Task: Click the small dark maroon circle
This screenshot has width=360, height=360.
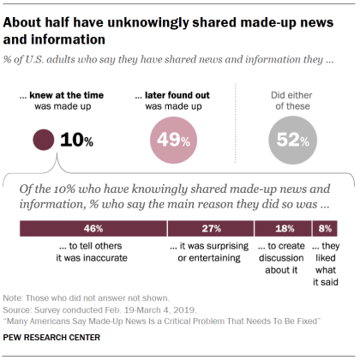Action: [42, 139]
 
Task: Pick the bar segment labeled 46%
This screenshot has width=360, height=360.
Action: [93, 229]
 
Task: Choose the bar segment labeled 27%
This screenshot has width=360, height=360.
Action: [211, 229]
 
